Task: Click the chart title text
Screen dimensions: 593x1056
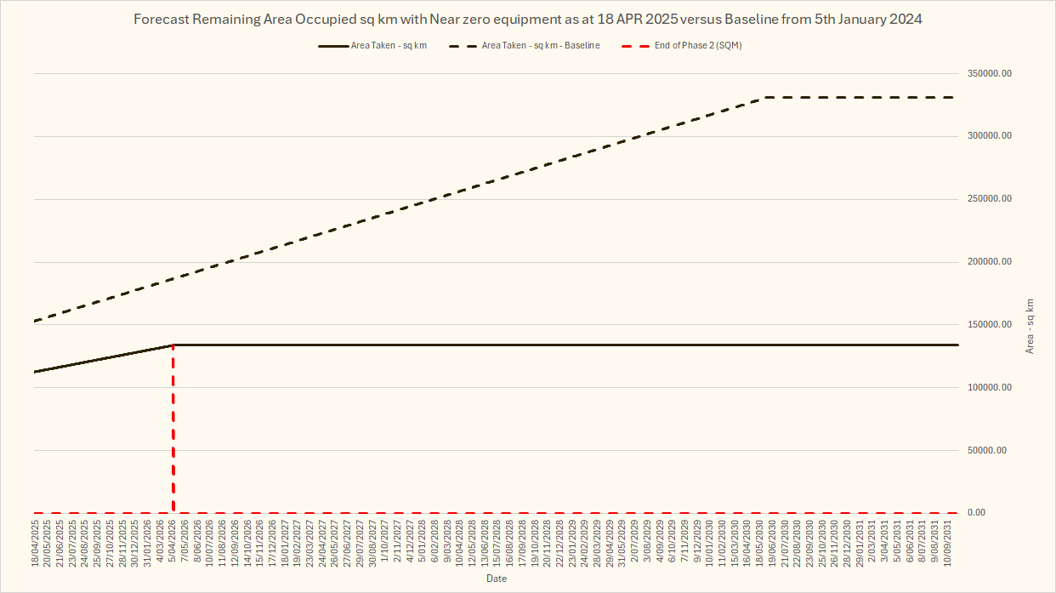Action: pos(527,20)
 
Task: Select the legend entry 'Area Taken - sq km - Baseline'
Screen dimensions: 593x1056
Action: pos(541,46)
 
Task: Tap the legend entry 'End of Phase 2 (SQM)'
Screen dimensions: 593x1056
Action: pos(698,46)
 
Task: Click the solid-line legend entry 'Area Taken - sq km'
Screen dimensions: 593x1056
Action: pos(389,46)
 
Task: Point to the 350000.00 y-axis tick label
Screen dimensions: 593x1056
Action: pos(987,74)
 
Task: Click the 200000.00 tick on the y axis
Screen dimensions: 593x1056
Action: pos(987,262)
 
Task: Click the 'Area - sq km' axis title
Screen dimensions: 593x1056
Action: pos(1030,326)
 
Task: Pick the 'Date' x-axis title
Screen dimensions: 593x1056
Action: pos(497,579)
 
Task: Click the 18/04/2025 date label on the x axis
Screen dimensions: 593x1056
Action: pos(36,544)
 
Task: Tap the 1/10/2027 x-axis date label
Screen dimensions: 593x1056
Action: pos(385,545)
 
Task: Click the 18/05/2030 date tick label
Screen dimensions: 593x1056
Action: pos(759,544)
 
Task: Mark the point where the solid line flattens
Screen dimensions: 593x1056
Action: pos(173,345)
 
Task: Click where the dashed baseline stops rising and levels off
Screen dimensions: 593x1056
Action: pos(763,98)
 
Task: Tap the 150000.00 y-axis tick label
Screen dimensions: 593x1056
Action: pos(987,325)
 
